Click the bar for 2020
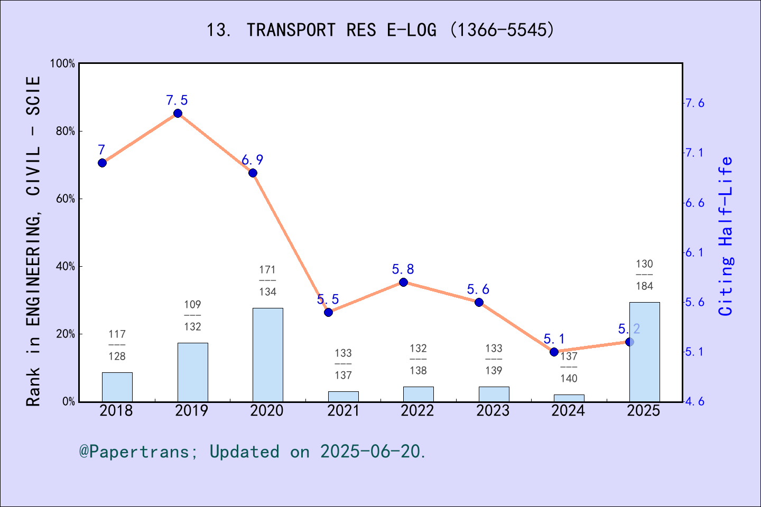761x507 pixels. point(267,354)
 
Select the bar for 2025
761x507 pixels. point(644,352)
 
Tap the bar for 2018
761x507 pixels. point(117,387)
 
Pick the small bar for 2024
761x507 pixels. point(569,398)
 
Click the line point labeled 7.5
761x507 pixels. point(178,114)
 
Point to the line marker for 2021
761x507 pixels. point(328,312)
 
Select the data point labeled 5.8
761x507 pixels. point(403,282)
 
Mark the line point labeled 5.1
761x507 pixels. point(554,352)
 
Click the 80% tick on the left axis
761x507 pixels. point(66,132)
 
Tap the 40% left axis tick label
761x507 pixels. point(66,267)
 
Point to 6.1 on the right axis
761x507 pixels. point(694,252)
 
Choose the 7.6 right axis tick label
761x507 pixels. point(694,103)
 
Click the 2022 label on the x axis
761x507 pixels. point(417,411)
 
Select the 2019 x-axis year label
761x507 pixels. point(192,411)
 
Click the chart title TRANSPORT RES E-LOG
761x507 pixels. point(380,30)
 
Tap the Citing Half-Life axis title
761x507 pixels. point(726,236)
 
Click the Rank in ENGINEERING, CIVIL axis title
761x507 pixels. point(33,241)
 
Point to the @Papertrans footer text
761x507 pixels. point(252,452)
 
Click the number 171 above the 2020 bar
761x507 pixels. point(267,270)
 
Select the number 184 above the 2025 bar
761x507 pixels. point(644,286)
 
